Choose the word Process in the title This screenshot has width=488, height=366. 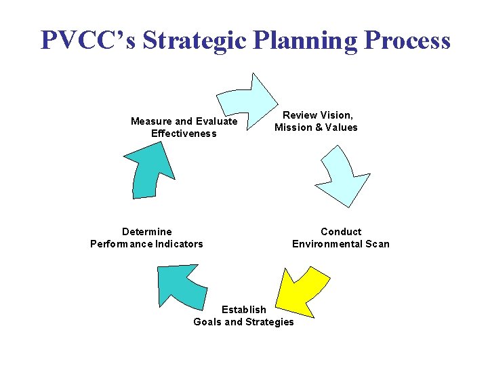coord(407,41)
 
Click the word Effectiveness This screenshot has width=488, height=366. coord(184,134)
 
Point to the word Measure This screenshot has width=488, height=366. coord(151,121)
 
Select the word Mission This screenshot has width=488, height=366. coord(293,127)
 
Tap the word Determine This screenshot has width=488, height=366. coord(147,232)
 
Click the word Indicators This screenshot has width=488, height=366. coord(178,244)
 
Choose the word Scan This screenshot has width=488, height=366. coord(378,244)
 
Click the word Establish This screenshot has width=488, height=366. coord(244,310)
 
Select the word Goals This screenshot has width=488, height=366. coord(207,322)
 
